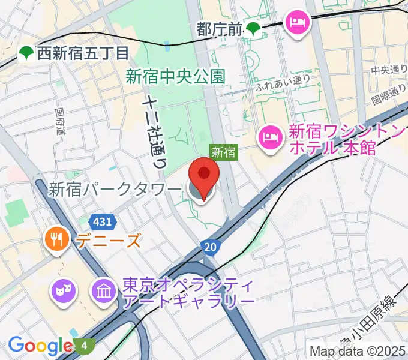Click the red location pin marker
pos(204,176)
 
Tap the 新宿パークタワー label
pos(115,190)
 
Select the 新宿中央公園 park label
pos(175,76)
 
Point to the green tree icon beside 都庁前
pos(255,28)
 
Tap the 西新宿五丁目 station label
pos(83,53)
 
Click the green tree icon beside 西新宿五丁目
pos(26,53)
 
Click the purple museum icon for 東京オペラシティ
pos(104,290)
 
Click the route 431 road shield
pos(103,222)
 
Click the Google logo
pos(40,346)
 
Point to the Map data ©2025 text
pos(358,350)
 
